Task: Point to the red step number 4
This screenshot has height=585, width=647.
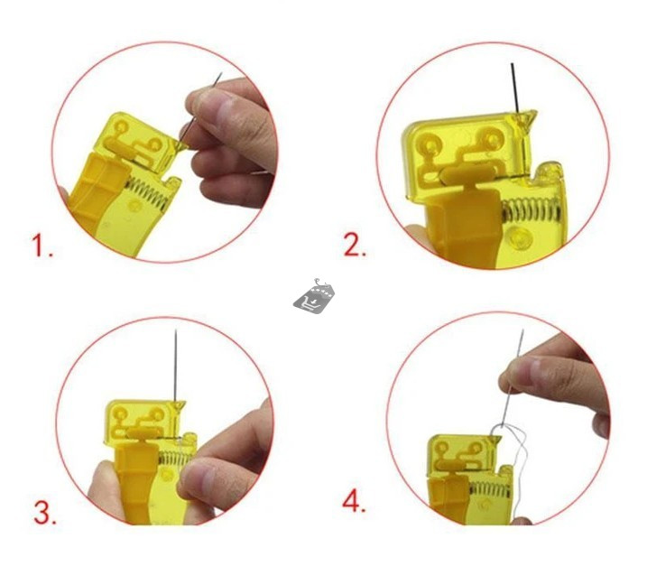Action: coord(355,501)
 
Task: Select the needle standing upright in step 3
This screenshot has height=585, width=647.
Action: coord(176,361)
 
